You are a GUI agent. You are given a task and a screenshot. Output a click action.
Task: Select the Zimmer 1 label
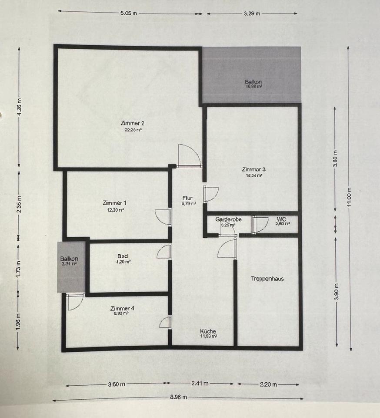pos(115,203)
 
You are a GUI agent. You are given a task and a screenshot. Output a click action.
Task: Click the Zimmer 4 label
pos(122,308)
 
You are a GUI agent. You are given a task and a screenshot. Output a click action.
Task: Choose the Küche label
pos(208,331)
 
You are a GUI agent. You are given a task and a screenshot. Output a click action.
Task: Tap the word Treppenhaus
pos(267,279)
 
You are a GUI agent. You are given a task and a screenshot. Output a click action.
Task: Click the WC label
pos(281,219)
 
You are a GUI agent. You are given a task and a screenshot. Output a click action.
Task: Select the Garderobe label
pos(228,219)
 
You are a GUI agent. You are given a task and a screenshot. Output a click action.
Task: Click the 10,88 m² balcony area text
pos(253,87)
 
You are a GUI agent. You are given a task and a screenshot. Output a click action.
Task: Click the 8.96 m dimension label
pos(178,397)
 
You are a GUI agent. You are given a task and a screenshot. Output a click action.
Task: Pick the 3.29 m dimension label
pos(252,13)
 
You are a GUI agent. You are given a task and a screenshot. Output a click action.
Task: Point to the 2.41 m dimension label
pos(200,384)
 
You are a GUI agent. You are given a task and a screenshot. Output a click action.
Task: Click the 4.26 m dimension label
pos(19,107)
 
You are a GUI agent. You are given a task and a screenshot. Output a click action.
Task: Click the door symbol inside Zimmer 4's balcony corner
pos(74,301)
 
